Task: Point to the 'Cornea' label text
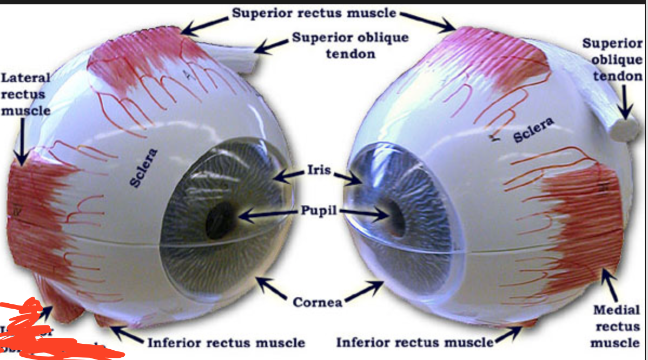(x=318, y=302)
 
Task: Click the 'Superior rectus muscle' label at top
(x=314, y=12)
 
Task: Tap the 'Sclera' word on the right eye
(x=533, y=130)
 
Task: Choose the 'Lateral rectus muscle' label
(x=25, y=95)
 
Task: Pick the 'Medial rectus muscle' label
(x=617, y=326)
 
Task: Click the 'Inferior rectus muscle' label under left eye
(x=226, y=342)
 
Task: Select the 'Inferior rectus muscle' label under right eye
(x=415, y=342)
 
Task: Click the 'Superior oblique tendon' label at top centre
(x=350, y=45)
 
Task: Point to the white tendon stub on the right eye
(x=626, y=129)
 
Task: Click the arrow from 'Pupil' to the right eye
(x=363, y=213)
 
